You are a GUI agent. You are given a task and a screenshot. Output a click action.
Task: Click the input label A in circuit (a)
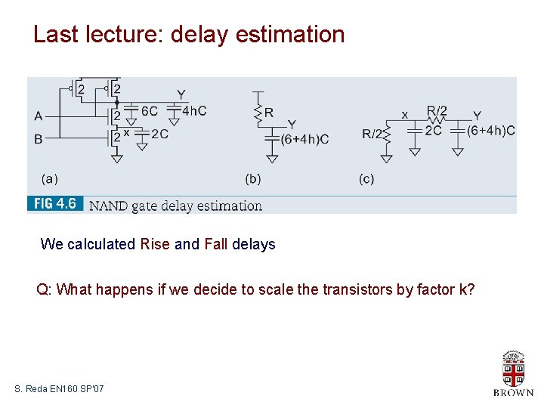pyautogui.click(x=39, y=116)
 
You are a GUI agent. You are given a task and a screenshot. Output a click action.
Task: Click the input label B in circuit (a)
pyautogui.click(x=39, y=138)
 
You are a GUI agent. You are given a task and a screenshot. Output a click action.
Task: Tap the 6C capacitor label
pyautogui.click(x=149, y=111)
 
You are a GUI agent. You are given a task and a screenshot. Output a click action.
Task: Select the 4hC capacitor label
pyautogui.click(x=194, y=111)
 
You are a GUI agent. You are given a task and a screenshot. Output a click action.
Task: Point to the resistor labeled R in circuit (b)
pyautogui.click(x=259, y=113)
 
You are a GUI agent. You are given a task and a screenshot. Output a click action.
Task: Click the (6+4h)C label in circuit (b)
pyautogui.click(x=304, y=139)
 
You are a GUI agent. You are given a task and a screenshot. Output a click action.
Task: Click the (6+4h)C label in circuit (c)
pyautogui.click(x=491, y=130)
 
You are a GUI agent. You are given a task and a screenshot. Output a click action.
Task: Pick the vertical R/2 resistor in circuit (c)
pyautogui.click(x=386, y=134)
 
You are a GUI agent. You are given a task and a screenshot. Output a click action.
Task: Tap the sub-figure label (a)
pyautogui.click(x=49, y=179)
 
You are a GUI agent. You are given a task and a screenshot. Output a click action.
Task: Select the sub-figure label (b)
pyautogui.click(x=253, y=179)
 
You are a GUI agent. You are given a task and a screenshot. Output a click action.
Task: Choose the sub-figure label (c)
pyautogui.click(x=366, y=179)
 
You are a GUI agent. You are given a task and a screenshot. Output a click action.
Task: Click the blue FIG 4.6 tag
pyautogui.click(x=55, y=205)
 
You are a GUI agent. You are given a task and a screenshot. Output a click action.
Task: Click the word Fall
pyautogui.click(x=216, y=244)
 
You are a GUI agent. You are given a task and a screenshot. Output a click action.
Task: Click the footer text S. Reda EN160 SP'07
pyautogui.click(x=59, y=388)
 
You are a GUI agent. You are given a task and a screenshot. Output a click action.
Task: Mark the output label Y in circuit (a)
pyautogui.click(x=181, y=94)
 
